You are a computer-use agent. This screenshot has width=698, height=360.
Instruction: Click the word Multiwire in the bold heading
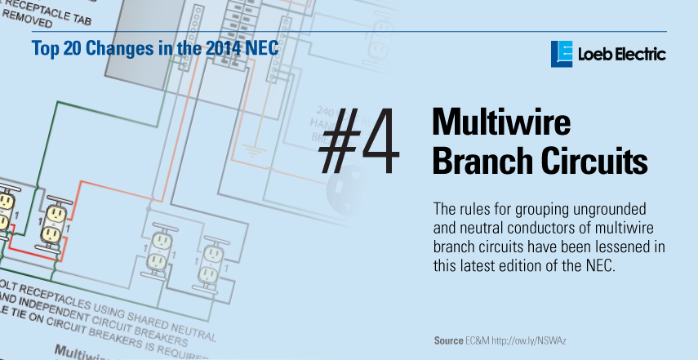[x=500, y=122]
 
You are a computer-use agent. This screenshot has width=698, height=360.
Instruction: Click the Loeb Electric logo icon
[x=562, y=53]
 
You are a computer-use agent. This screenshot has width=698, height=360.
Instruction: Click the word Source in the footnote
[x=449, y=340]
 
